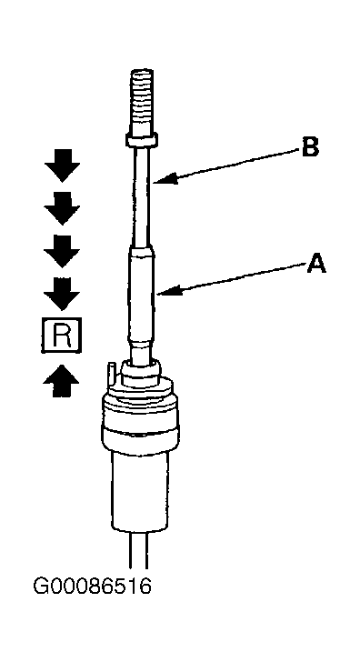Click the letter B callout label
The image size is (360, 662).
pyautogui.click(x=310, y=147)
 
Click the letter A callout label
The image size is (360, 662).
pyautogui.click(x=316, y=264)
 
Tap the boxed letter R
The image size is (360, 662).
pyautogui.click(x=61, y=335)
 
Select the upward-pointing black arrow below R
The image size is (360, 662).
pyautogui.click(x=61, y=381)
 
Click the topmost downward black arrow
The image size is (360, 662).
pyautogui.click(x=63, y=165)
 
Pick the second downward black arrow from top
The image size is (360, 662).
pyautogui.click(x=62, y=208)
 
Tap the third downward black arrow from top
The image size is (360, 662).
pyautogui.click(x=62, y=251)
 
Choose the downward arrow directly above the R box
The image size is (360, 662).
pyautogui.click(x=62, y=294)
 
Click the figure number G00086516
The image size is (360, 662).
pyautogui.click(x=92, y=587)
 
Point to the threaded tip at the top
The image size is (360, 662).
pyautogui.click(x=142, y=101)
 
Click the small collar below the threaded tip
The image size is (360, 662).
pyautogui.click(x=142, y=139)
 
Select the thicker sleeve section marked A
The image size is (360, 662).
pyautogui.click(x=142, y=295)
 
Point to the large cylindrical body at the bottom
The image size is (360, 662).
pyautogui.click(x=140, y=490)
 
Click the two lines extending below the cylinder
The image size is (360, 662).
pyautogui.click(x=138, y=549)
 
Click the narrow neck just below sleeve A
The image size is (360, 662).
pyautogui.click(x=142, y=351)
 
